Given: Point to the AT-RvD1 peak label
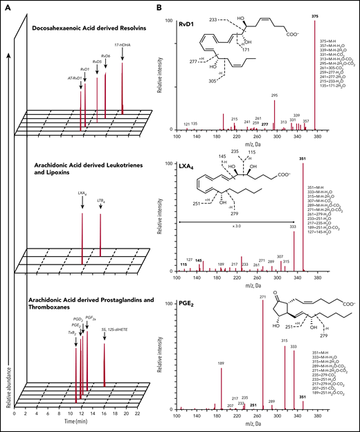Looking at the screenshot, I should click(75, 78).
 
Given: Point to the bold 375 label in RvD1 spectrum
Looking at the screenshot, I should click(315, 18).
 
